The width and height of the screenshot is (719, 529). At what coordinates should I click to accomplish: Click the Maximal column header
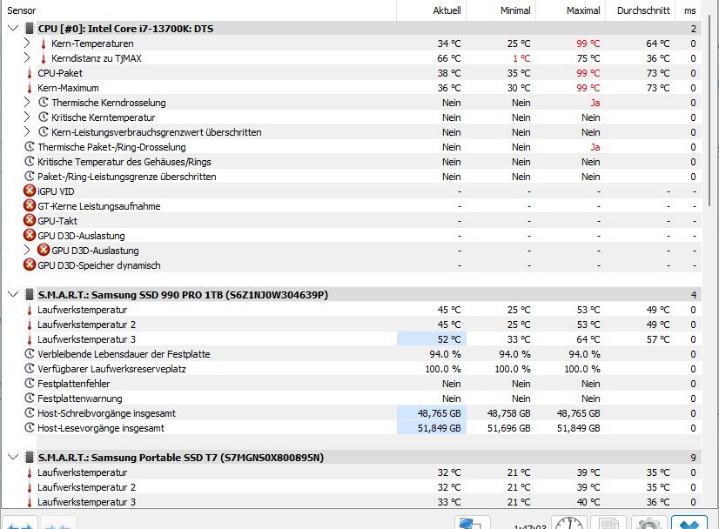pos(582,10)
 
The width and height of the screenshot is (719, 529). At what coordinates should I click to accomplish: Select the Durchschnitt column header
pos(644,10)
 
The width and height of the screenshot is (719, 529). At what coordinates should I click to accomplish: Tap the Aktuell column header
pos(447,10)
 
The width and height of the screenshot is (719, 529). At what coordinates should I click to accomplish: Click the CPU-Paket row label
pos(60,73)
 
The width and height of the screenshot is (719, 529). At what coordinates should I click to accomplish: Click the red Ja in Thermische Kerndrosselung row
pos(595,103)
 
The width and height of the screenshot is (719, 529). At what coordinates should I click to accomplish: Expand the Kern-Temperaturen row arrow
pos(27,44)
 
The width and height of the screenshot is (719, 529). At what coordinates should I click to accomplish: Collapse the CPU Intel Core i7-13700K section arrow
pos(12,29)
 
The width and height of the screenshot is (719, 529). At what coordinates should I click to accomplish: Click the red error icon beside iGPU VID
pos(30,191)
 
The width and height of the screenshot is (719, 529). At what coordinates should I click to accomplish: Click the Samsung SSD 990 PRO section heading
pos(183,295)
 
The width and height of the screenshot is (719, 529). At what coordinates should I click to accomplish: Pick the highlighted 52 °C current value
pos(449,339)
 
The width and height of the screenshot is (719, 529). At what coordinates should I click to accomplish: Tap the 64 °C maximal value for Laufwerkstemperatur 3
pos(588,339)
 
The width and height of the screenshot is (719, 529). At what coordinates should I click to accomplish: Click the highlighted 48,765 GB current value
pos(440,413)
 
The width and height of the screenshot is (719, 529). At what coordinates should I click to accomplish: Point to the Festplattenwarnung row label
pos(81,398)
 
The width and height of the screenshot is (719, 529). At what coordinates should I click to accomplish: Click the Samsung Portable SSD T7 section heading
pos(180,458)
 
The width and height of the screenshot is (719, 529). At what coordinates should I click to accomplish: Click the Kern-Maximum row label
pos(68,88)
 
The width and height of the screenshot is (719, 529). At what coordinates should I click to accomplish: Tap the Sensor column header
pos(22,10)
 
